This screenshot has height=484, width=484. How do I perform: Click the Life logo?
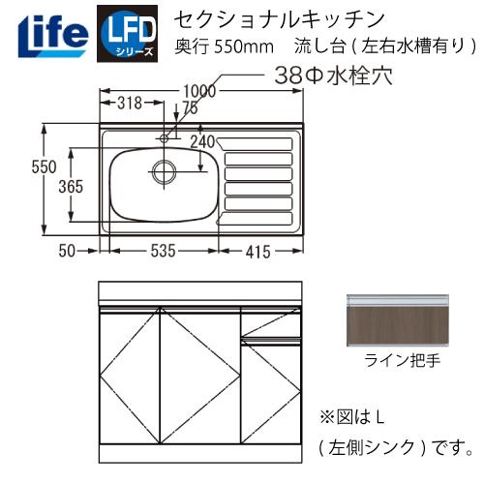tap(49, 32)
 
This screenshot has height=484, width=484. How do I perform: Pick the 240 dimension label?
tap(202, 140)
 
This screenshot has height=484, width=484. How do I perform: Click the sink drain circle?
tap(163, 172)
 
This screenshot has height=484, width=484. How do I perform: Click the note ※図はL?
tap(352, 418)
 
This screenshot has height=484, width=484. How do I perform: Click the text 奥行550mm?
tap(218, 45)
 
